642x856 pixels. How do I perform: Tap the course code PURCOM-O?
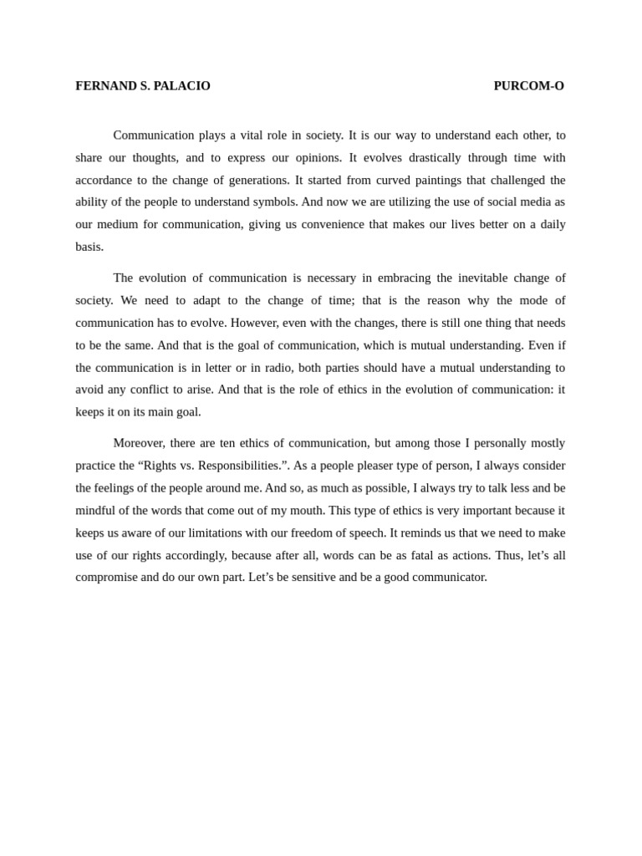tap(528, 86)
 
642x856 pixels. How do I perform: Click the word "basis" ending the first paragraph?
tap(89, 247)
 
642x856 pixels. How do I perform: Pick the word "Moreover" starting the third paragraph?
tap(138, 443)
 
